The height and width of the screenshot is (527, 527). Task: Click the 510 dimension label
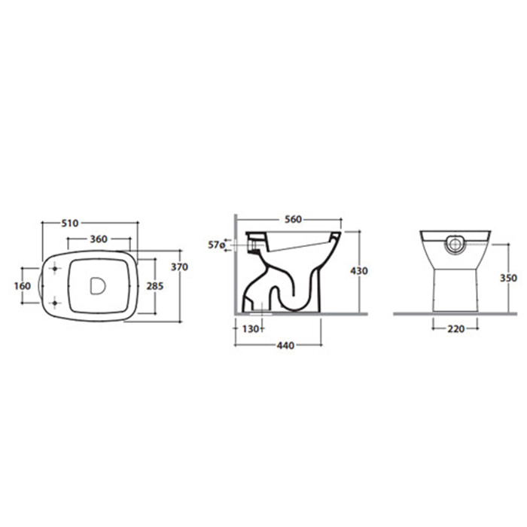point(70,223)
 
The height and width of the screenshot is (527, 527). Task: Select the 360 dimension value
point(99,239)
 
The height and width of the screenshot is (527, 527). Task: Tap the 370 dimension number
point(179,267)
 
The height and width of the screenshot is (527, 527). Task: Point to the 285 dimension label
point(155,286)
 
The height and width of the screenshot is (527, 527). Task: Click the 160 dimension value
point(23,286)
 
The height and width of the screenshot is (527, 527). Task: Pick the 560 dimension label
point(294,220)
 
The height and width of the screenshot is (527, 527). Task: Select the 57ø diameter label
point(217,245)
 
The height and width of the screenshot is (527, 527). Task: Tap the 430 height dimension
point(359,270)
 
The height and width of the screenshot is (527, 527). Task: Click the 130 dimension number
point(251,329)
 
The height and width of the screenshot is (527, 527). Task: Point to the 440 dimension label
point(285,345)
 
